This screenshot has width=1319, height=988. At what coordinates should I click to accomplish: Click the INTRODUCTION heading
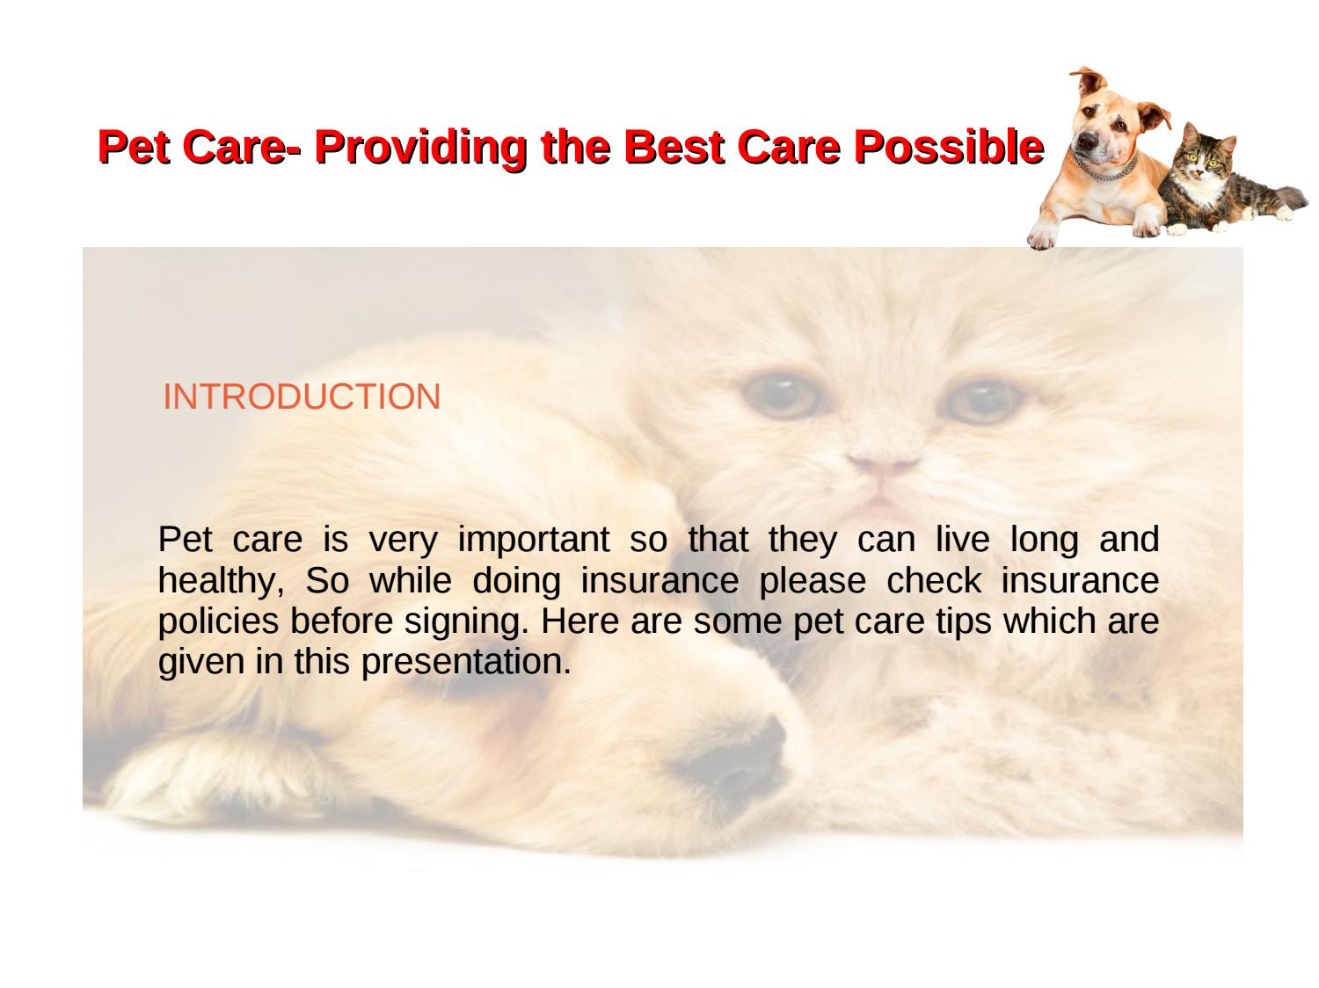point(302,397)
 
